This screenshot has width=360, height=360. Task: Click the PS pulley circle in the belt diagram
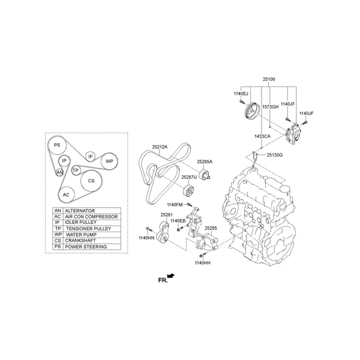pos(56,146)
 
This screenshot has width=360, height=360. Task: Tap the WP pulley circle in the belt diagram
pos(109,161)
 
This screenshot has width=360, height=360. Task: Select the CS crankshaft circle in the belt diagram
pos(91,181)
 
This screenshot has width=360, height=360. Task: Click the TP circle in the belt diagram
pos(76,170)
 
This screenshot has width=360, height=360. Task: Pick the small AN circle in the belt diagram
pos(59,173)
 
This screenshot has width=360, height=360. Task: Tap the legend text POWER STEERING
pos(86,247)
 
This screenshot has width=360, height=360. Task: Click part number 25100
pos(268,79)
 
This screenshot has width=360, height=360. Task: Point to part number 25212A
pos(160,146)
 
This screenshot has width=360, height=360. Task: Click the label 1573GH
pos(271,107)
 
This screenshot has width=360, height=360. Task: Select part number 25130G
pos(275,155)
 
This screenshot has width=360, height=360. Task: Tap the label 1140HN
pos(146,238)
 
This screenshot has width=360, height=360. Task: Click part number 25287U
pos(189,178)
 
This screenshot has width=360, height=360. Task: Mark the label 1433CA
pos(263,136)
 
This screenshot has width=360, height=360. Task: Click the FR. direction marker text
pos(162,280)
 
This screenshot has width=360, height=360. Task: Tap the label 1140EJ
pos(241,94)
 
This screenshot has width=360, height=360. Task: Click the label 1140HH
pos(202,263)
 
